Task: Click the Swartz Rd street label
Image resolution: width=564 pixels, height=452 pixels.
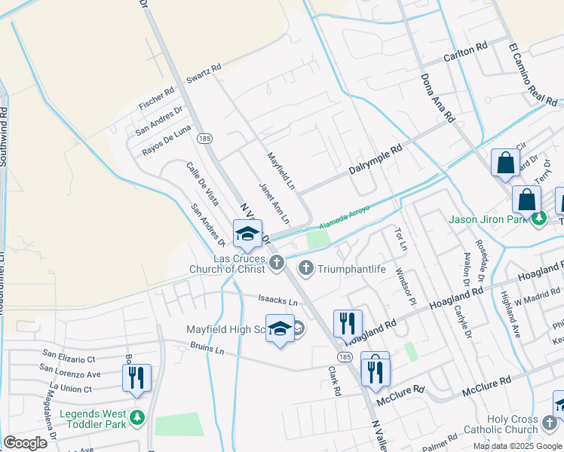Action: (x=204, y=72)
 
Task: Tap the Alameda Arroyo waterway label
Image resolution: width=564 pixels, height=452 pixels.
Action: (x=345, y=216)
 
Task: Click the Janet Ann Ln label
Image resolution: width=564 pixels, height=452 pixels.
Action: (x=274, y=203)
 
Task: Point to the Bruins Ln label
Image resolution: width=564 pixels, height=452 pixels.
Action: (x=207, y=350)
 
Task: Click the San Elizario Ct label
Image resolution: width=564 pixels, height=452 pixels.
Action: (x=69, y=353)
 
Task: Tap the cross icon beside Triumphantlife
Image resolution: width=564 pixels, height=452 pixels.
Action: (x=306, y=267)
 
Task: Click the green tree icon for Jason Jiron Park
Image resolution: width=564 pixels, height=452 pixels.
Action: (x=538, y=220)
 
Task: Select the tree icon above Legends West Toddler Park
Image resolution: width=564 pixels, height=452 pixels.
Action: (x=136, y=417)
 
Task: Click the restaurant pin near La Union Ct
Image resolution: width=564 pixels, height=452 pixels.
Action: (x=136, y=377)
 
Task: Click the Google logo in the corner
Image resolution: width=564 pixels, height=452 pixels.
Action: (x=25, y=443)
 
